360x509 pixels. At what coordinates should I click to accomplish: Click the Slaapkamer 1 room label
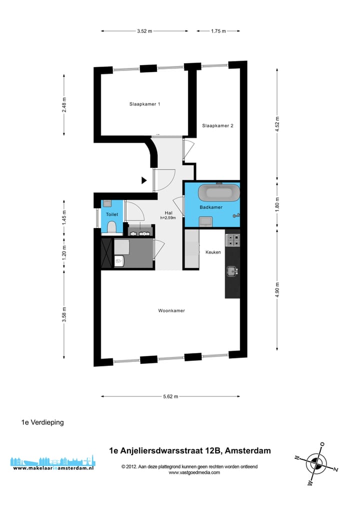coord(144,104)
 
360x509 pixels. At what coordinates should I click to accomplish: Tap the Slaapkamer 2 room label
coord(217,125)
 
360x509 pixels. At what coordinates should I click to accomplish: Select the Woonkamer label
coord(171,310)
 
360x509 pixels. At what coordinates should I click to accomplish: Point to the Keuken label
coord(213,252)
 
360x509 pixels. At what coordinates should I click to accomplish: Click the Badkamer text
coord(211,207)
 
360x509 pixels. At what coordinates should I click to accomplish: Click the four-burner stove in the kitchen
coord(232,240)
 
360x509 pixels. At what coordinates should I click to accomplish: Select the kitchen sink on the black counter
coord(231,271)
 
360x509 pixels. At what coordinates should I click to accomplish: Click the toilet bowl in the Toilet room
coord(111,227)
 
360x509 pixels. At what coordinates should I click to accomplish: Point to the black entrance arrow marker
coord(144,180)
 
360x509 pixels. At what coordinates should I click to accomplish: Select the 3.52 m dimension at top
coord(144,31)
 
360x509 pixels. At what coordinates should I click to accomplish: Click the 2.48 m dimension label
coord(64,104)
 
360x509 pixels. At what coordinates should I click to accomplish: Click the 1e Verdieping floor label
coord(42,422)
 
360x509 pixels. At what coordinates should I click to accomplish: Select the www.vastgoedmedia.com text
coord(194,472)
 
